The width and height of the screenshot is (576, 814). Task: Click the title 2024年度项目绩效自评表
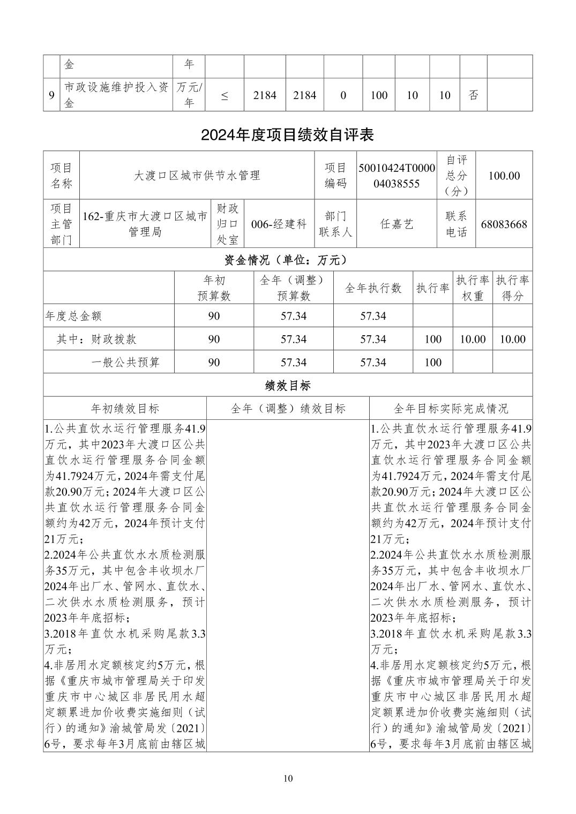tap(287, 135)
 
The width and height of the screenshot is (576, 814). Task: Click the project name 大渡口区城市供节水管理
tap(197, 176)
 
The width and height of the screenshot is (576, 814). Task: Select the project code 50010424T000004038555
tap(397, 176)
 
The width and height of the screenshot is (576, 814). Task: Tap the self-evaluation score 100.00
tap(504, 176)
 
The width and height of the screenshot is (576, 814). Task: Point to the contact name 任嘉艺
tap(397, 224)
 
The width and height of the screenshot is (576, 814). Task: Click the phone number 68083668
tap(504, 224)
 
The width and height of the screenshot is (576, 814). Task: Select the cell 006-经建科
tap(279, 224)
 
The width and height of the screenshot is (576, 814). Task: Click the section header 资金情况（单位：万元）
tap(287, 260)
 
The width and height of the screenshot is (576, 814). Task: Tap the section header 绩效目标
tap(287, 385)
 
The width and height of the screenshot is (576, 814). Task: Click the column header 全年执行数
tap(373, 288)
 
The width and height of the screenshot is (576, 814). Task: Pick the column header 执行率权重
tap(472, 288)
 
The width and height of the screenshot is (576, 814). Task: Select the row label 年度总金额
tap(73, 316)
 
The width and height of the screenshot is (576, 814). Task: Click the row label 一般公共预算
tap(125, 363)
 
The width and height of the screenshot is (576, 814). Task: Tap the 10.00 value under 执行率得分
tap(512, 339)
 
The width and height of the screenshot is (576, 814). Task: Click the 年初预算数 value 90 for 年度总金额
tap(214, 316)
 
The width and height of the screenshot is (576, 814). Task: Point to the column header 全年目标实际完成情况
tap(451, 409)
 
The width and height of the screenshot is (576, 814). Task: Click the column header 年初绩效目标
tap(125, 409)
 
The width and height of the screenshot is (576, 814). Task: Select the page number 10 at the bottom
tap(288, 778)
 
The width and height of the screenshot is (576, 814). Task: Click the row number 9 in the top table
tap(51, 95)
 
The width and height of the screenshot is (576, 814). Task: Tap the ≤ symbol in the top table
tap(224, 95)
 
